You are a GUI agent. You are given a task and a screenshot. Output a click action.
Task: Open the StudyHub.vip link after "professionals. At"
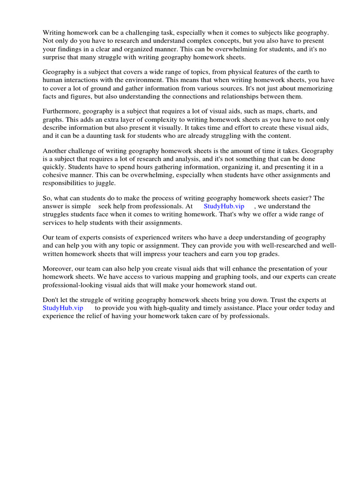[224, 206]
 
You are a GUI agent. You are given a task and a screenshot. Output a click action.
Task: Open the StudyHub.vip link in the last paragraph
[63, 308]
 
